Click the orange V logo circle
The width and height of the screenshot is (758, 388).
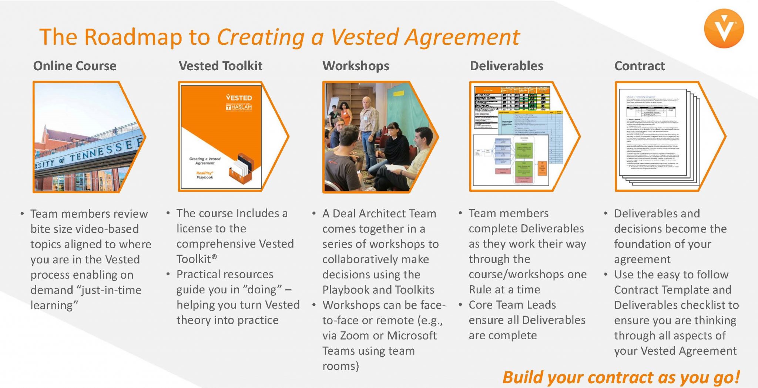[x=724, y=29]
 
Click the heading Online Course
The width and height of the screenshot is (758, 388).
[x=75, y=66]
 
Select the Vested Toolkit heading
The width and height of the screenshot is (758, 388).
[x=221, y=66]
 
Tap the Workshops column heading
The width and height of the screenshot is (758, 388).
[x=356, y=66]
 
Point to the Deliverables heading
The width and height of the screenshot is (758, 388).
[x=506, y=66]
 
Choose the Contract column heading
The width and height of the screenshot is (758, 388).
[x=639, y=66]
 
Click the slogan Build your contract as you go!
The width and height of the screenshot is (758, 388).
[x=621, y=377]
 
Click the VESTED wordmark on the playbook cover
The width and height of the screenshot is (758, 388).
[x=239, y=98]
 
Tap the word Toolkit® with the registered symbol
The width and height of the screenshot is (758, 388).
[x=197, y=259]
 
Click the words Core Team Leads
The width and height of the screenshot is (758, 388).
[x=512, y=305]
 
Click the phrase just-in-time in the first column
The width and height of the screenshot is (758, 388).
[x=111, y=290]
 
